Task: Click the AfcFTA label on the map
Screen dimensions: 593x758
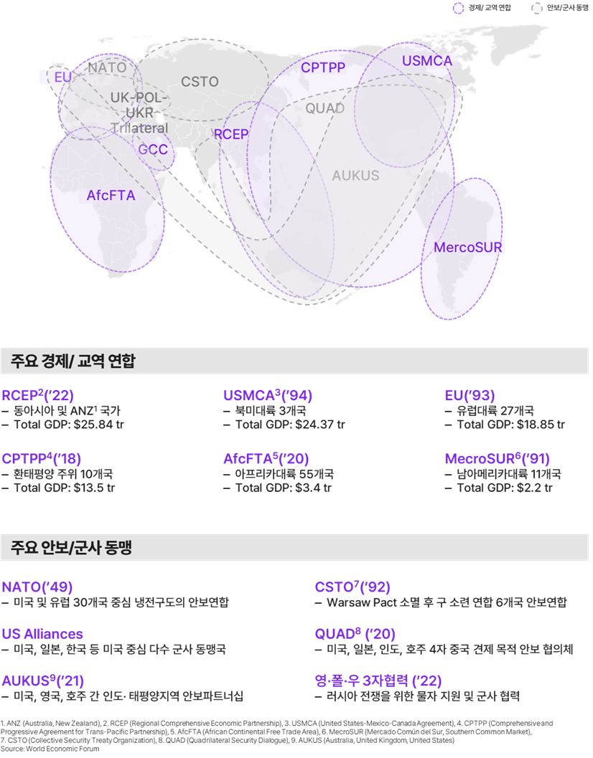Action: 111,195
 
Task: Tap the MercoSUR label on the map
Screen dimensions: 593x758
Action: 467,247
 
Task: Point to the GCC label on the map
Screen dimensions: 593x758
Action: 153,149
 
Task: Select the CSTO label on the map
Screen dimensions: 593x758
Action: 200,82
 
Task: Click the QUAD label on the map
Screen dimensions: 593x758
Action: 324,108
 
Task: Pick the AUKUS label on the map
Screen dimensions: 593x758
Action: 355,175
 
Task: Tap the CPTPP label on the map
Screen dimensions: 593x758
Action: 323,67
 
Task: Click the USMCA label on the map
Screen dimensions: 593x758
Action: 427,61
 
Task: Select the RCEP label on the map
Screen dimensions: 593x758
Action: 231,134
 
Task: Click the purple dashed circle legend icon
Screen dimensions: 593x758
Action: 458,8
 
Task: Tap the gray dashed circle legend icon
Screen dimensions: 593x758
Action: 536,8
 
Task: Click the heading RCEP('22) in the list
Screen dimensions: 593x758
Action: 38,395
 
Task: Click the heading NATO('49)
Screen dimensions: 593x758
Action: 37,587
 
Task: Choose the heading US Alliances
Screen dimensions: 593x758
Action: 42,634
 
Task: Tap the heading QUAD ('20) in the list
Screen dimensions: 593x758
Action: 355,633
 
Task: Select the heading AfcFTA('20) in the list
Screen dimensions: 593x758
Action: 266,458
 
